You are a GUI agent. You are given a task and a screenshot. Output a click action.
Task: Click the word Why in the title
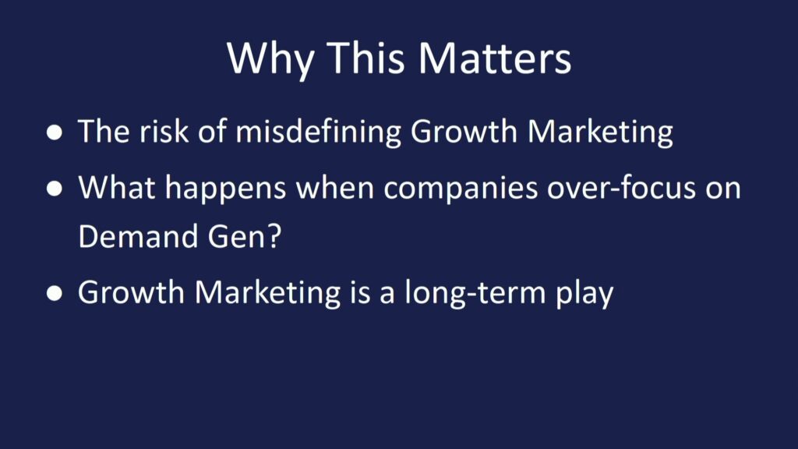270,58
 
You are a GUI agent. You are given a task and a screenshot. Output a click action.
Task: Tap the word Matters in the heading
495,58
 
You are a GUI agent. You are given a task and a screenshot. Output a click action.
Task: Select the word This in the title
365,58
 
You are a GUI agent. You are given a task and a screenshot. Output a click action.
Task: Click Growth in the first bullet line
464,131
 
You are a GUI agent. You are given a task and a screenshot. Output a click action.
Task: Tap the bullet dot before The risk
55,133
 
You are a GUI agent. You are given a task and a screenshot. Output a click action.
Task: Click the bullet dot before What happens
55,189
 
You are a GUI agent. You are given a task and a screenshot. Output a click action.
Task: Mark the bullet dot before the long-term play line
55,293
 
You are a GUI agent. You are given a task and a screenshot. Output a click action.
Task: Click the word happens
225,189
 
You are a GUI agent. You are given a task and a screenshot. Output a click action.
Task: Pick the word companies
461,189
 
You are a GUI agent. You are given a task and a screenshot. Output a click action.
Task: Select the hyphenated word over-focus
621,189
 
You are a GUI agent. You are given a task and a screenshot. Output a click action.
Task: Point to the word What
117,187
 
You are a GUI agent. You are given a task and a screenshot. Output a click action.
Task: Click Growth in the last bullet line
131,292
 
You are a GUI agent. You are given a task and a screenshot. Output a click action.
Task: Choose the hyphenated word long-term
475,293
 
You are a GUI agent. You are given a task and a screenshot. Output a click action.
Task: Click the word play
584,294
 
